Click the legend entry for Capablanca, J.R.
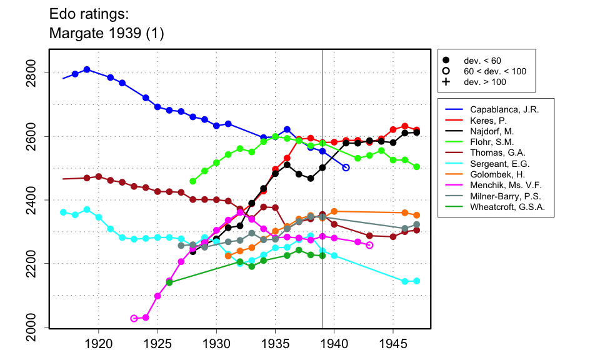point(504,109)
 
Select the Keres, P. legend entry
point(487,121)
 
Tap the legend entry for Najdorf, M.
point(491,131)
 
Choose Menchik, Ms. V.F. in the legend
point(506,184)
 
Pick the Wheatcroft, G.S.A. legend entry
point(507,207)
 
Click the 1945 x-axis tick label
point(394,344)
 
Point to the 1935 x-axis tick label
point(276,344)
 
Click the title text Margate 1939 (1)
point(106,34)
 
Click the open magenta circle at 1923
point(134,318)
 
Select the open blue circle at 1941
point(346,167)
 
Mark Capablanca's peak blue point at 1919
point(87,69)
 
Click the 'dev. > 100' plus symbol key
point(446,82)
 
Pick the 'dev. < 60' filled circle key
point(446,61)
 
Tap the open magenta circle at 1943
point(369,245)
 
